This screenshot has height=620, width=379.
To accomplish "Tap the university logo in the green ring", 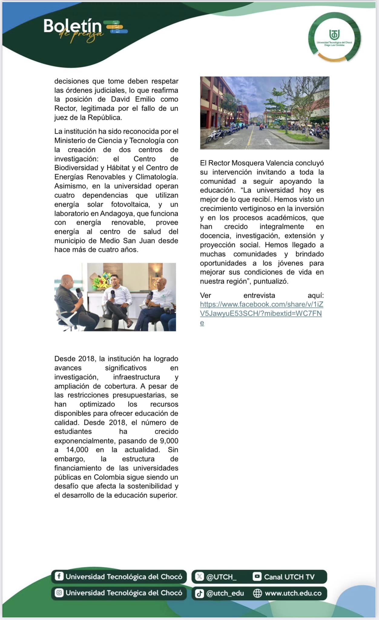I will point(334,37).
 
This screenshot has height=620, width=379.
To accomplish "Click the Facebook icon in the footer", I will point(59,576).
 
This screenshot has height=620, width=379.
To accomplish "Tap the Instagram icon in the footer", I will point(59,593).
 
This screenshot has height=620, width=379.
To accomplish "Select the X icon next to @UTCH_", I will point(199,576).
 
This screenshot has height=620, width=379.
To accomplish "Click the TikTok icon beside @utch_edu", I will point(199,593).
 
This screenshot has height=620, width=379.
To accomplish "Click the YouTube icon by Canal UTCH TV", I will point(257,576).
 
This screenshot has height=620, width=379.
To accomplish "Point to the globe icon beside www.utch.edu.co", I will point(257,593).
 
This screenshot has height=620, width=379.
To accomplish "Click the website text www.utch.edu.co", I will point(293,593).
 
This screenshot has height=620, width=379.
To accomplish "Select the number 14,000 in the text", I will point(77,450).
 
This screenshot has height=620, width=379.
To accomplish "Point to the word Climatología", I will point(157,177).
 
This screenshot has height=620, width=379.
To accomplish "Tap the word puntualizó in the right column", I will point(271,281).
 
